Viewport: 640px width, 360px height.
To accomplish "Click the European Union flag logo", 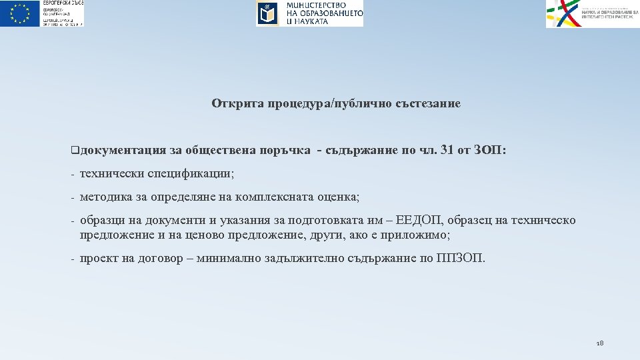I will coord(20,13).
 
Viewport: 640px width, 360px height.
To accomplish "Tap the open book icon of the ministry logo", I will coord(267,13).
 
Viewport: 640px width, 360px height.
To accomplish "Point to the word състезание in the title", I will coord(426,103).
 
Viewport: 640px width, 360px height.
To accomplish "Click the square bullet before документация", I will coord(73,151).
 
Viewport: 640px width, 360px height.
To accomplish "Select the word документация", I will coord(117,151).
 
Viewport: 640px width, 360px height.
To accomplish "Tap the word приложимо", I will coord(419,235).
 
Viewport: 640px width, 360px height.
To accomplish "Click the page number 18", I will coord(599,343).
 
